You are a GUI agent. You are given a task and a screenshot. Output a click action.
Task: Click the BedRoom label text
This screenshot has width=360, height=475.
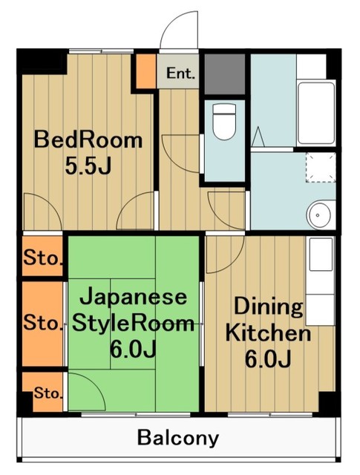(87, 140)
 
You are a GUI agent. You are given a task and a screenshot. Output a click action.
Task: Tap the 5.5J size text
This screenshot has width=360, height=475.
(87, 167)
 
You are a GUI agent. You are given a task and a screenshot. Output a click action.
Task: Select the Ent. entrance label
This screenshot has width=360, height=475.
(180, 74)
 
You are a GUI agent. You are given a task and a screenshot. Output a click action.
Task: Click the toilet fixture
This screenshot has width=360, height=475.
(223, 122)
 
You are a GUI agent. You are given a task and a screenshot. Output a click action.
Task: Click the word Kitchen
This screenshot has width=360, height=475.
(269, 332)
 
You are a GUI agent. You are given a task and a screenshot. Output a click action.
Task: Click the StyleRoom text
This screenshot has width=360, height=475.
(133, 324)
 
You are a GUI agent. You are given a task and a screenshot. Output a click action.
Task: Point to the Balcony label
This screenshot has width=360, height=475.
(178, 437)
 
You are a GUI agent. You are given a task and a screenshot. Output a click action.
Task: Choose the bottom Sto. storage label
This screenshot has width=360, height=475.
(45, 391)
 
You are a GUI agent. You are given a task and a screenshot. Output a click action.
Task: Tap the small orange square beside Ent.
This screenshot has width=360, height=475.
(145, 71)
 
